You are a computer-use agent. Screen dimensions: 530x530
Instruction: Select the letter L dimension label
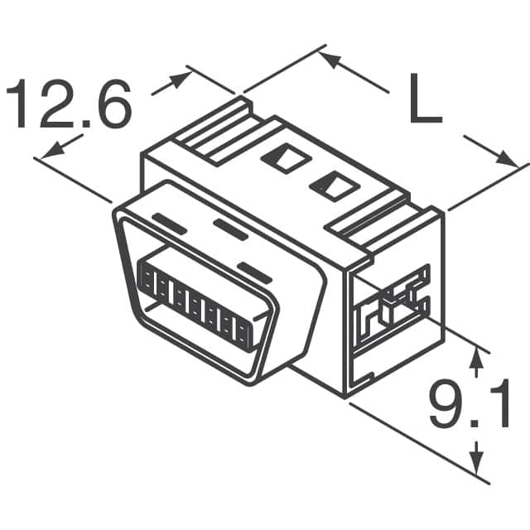coord(425,100)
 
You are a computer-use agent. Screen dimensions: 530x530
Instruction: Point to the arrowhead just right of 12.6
coord(178,80)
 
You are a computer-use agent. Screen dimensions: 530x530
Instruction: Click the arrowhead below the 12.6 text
coord(53,150)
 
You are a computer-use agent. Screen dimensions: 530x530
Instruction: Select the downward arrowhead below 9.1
coord(476,455)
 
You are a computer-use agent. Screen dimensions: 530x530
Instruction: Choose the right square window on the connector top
coord(332,184)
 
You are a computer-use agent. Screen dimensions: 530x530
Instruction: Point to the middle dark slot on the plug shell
coord(230,229)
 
